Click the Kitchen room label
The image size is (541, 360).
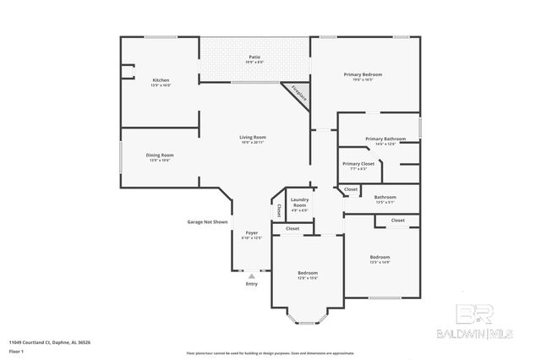tap(161, 82)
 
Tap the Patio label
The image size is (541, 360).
tap(254, 59)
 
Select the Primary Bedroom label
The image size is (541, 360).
tap(363, 76)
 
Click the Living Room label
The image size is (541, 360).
tap(253, 139)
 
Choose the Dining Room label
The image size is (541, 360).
tap(160, 156)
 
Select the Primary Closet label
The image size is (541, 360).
tap(358, 165)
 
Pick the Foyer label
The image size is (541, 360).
tap(252, 234)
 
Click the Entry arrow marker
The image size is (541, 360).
tap(251, 275)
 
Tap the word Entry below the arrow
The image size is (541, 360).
tap(251, 284)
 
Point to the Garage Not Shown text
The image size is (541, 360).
tap(207, 221)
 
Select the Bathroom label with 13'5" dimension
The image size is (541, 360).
tap(385, 199)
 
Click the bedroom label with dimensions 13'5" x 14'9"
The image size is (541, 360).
tap(380, 258)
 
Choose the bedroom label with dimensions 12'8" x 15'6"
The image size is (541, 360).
tap(307, 275)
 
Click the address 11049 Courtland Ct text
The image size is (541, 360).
tap(50, 342)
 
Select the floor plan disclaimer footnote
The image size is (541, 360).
tap(270, 352)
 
